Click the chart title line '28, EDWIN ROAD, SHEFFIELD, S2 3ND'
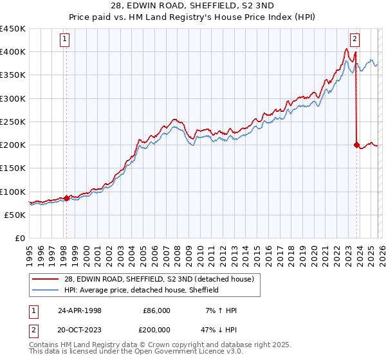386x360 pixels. pyautogui.click(x=192, y=6)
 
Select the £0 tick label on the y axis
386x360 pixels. pyautogui.click(x=20, y=239)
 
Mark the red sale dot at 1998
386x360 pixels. pyautogui.click(x=66, y=198)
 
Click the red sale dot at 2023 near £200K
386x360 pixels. pyautogui.click(x=356, y=145)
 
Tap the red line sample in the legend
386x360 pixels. pyautogui.click(x=46, y=279)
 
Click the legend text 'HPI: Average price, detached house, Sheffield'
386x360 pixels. pyautogui.click(x=142, y=290)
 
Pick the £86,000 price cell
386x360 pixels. pyautogui.click(x=156, y=310)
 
